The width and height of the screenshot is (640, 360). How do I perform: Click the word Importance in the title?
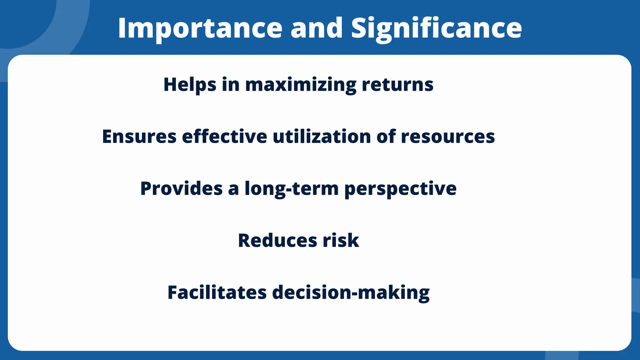pyautogui.click(x=200, y=28)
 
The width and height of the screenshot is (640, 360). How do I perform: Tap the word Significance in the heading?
pyautogui.click(x=436, y=28)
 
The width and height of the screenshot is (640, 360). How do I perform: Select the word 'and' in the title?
pyautogui.click(x=317, y=28)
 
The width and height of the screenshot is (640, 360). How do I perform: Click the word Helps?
pyautogui.click(x=190, y=85)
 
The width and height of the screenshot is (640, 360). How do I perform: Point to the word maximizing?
pyautogui.click(x=301, y=85)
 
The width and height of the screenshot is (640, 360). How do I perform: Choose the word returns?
pyautogui.click(x=397, y=85)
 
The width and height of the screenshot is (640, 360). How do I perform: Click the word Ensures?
pyautogui.click(x=139, y=137)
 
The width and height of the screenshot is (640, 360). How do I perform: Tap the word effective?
pyautogui.click(x=224, y=137)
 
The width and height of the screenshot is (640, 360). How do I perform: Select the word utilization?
pyautogui.click(x=322, y=137)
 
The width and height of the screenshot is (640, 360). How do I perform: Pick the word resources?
pyautogui.click(x=448, y=137)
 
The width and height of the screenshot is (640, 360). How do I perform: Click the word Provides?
pyautogui.click(x=181, y=188)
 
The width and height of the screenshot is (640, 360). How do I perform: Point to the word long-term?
pyautogui.click(x=292, y=188)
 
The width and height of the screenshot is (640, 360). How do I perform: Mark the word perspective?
pyautogui.click(x=400, y=188)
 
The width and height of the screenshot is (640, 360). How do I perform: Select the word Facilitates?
pyautogui.click(x=217, y=292)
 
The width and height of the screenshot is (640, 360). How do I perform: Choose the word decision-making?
pyautogui.click(x=351, y=292)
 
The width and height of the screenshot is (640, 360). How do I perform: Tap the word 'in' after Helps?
pyautogui.click(x=231, y=85)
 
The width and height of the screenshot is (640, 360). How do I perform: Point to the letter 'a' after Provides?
pyautogui.click(x=233, y=189)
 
